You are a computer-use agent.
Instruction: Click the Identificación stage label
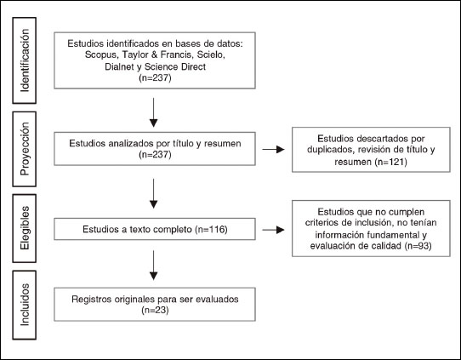point(25,60)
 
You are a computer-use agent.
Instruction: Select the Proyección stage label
point(25,149)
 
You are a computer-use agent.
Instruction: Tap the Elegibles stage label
point(25,228)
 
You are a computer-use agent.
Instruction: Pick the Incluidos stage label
point(25,305)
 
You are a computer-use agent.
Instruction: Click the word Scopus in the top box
point(101,55)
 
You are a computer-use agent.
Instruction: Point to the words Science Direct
point(175,66)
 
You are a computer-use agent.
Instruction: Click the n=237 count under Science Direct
point(155,78)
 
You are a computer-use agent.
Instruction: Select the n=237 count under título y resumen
point(155,154)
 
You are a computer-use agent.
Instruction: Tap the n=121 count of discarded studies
point(391,162)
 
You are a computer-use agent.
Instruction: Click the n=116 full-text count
point(212,229)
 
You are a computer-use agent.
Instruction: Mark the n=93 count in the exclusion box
point(418,246)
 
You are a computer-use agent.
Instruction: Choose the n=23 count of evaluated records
point(155,310)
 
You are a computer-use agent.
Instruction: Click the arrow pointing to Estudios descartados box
point(273,150)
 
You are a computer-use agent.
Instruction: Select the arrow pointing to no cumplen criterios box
point(273,230)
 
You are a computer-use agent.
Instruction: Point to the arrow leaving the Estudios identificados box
point(153,112)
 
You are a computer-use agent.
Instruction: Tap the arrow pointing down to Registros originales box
point(153,266)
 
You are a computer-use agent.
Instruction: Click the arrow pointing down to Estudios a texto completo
point(153,193)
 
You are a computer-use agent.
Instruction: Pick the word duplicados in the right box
point(327,150)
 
